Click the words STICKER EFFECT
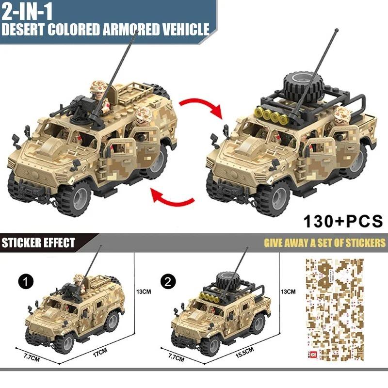pos(39,242)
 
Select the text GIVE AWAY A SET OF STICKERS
pos(324,242)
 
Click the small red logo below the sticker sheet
pos(311,356)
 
